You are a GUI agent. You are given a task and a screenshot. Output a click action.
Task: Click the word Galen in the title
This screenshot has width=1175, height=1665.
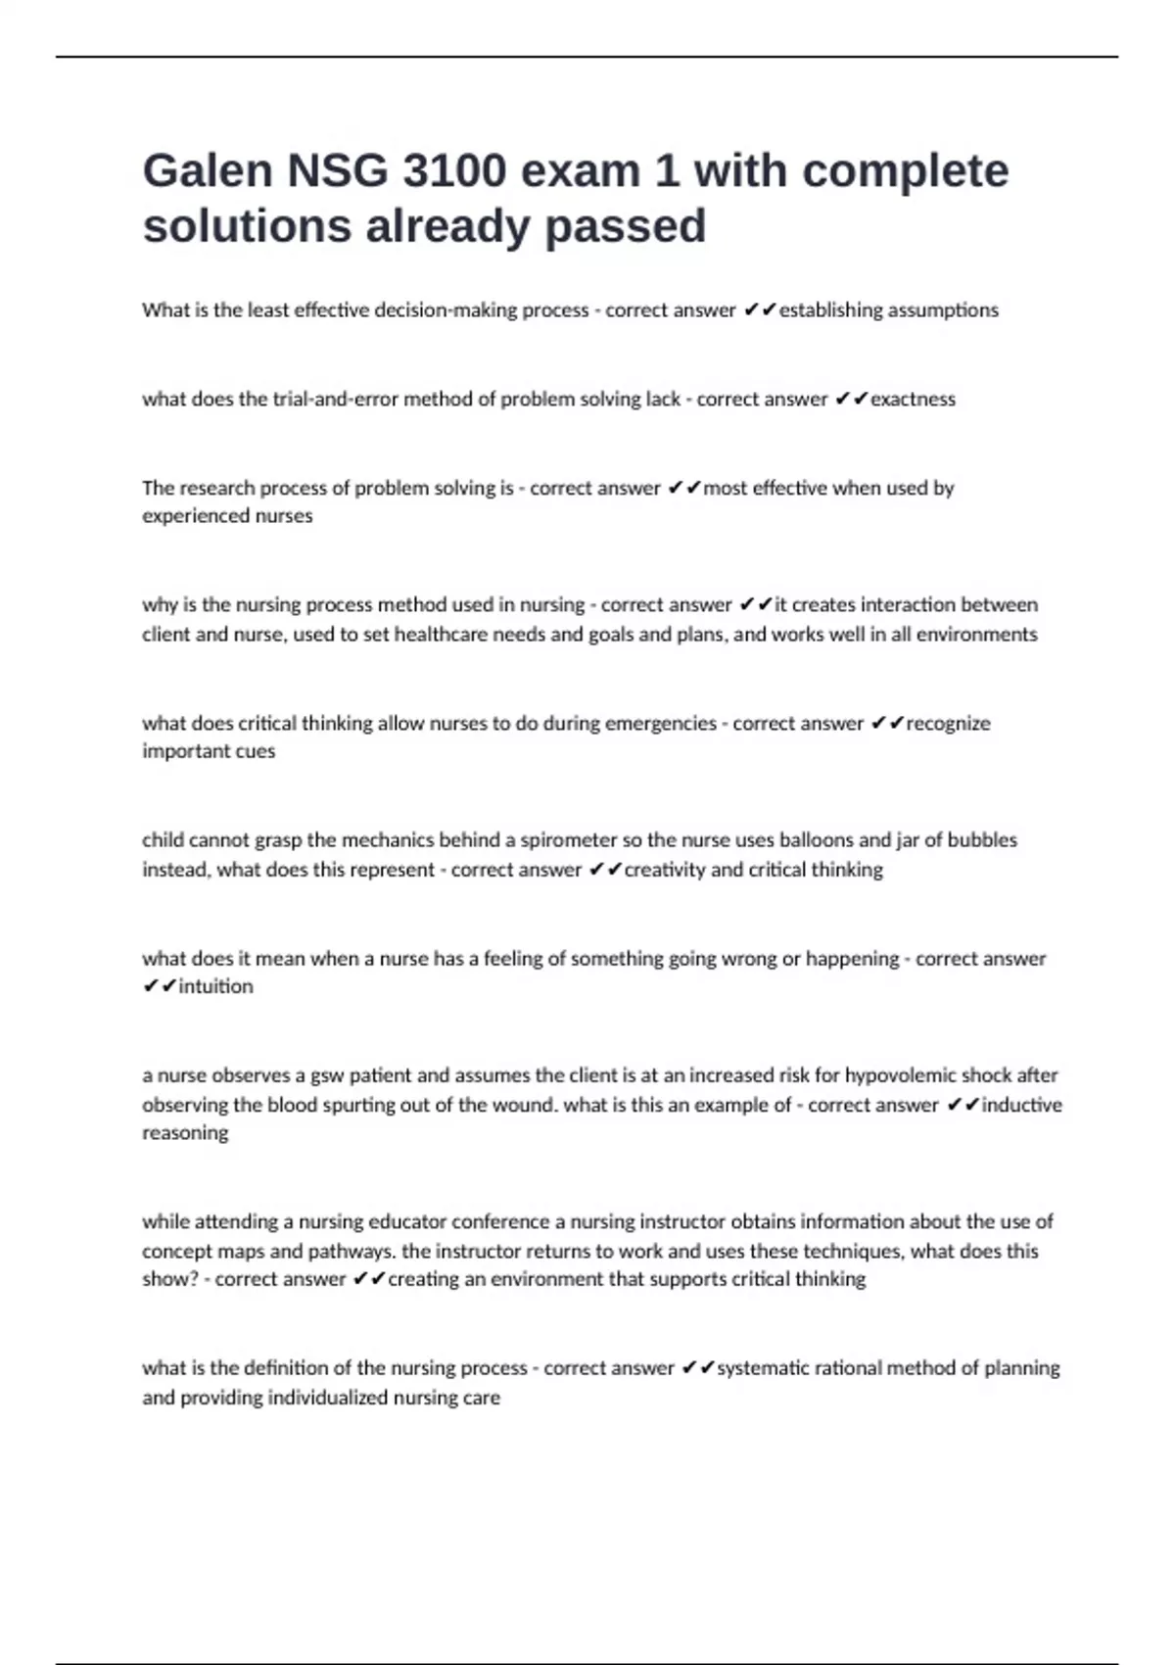(208, 171)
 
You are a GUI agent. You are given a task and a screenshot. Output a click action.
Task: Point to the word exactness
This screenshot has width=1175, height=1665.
(913, 400)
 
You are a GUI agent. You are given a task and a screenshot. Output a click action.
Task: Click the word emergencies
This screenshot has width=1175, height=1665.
(661, 724)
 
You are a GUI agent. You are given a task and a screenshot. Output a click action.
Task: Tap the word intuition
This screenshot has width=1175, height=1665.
(215, 986)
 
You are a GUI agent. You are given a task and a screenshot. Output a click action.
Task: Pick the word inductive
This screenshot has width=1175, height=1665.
(1021, 1105)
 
